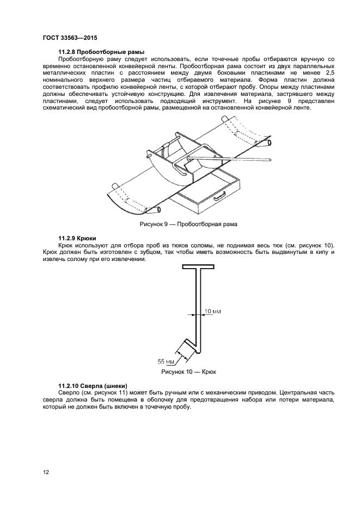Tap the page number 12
[46, 472]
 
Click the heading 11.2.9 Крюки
[78, 239]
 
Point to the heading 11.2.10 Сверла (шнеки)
[93, 386]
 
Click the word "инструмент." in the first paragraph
[216, 101]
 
